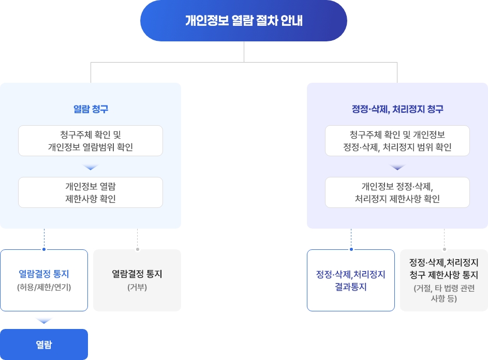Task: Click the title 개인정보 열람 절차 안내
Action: tap(244, 21)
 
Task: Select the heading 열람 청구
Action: tap(91, 109)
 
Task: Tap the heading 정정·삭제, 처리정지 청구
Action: tap(397, 109)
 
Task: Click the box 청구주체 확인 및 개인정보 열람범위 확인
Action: tap(91, 141)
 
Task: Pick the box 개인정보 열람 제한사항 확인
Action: tap(91, 192)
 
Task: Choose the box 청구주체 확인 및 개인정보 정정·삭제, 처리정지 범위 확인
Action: tap(397, 141)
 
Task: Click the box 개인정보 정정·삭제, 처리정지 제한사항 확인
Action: tap(397, 192)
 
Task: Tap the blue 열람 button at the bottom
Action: tap(44, 344)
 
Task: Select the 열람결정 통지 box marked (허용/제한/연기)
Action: tap(44, 280)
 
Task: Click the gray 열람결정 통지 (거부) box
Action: tap(137, 280)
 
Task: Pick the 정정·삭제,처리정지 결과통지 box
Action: tap(351, 280)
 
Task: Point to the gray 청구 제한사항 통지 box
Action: tap(444, 280)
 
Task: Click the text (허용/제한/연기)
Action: tap(44, 287)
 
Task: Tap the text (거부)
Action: tap(137, 287)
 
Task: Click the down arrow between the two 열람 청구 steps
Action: tap(91, 168)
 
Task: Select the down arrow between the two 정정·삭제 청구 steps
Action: tap(397, 168)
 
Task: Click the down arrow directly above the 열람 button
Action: tap(44, 321)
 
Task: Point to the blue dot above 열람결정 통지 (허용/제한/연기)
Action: tap(44, 249)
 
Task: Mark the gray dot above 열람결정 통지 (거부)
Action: tap(137, 249)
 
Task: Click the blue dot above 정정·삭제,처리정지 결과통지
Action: tap(351, 249)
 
